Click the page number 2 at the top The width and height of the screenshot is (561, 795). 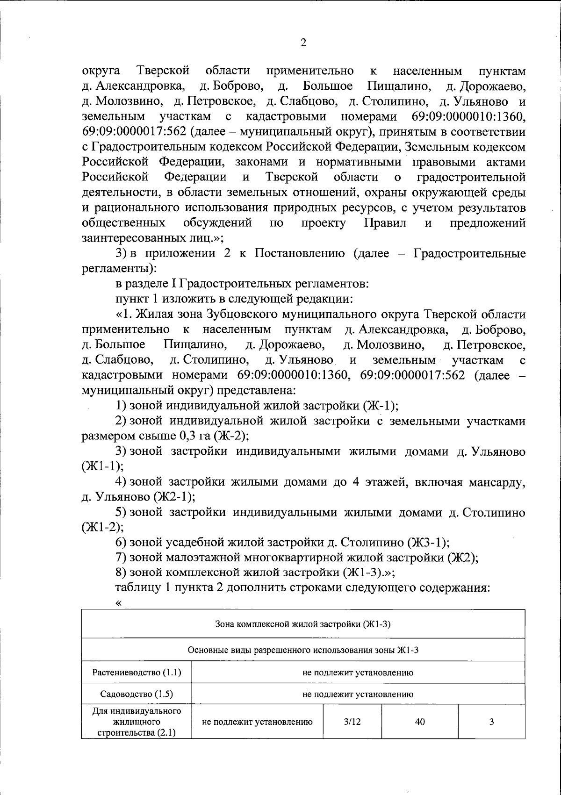303,43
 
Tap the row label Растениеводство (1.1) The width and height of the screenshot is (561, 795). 137,673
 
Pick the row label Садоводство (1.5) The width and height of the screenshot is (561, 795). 137,694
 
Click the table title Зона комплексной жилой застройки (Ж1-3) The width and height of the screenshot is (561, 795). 302,624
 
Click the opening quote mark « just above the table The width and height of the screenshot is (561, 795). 118,603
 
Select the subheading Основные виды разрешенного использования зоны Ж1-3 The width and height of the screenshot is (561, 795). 302,650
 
